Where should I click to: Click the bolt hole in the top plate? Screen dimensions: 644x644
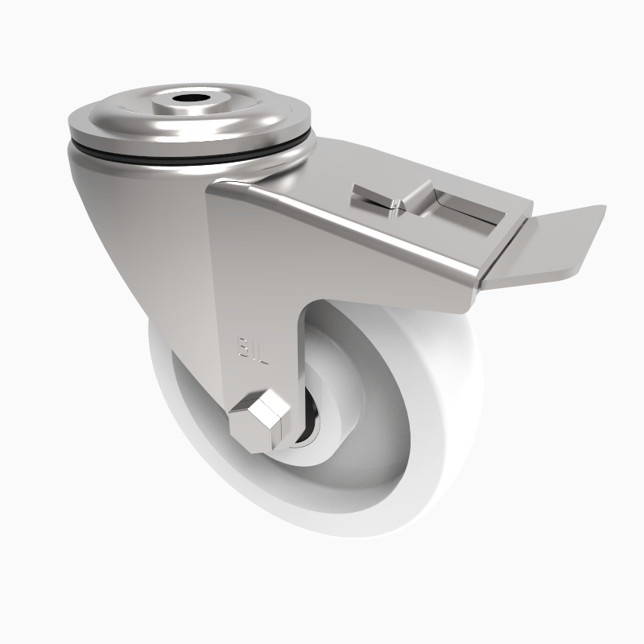coord(191,101)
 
